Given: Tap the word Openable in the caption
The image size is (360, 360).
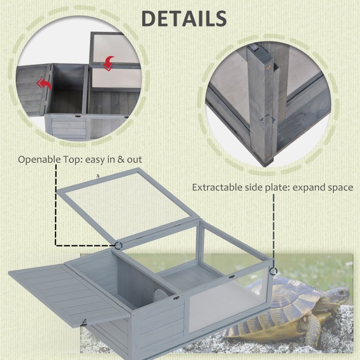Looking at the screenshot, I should (x=36, y=159).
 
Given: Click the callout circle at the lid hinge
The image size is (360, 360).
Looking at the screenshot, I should (x=119, y=245).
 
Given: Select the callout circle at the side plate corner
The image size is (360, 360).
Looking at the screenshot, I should (x=273, y=271).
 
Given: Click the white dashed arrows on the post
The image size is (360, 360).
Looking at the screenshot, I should (x=267, y=121).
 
